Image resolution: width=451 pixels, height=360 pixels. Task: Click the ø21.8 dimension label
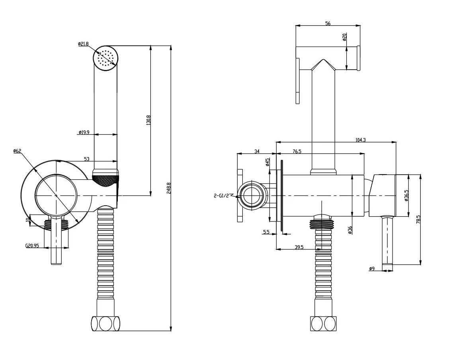pyautogui.click(x=84, y=44)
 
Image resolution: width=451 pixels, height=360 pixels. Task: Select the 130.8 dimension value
pyautogui.click(x=148, y=121)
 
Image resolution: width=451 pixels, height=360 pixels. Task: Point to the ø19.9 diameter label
pyautogui.click(x=84, y=132)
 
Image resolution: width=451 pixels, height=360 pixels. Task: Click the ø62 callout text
pyautogui.click(x=18, y=151)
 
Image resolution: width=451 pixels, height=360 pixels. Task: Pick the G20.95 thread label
pyautogui.click(x=32, y=246)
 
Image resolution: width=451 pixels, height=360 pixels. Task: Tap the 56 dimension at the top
pyautogui.click(x=328, y=23)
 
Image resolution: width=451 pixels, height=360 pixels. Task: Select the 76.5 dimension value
pyautogui.click(x=297, y=151)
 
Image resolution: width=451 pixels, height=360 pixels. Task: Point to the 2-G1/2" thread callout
pyautogui.click(x=222, y=195)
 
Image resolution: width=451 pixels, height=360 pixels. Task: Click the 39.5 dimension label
pyautogui.click(x=299, y=247)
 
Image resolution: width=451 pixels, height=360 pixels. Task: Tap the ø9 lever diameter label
pyautogui.click(x=371, y=269)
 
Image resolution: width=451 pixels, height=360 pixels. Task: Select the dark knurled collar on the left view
pyautogui.click(x=105, y=181)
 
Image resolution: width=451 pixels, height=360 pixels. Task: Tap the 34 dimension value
pyautogui.click(x=256, y=151)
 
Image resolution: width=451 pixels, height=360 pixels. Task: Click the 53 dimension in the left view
pyautogui.click(x=86, y=159)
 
